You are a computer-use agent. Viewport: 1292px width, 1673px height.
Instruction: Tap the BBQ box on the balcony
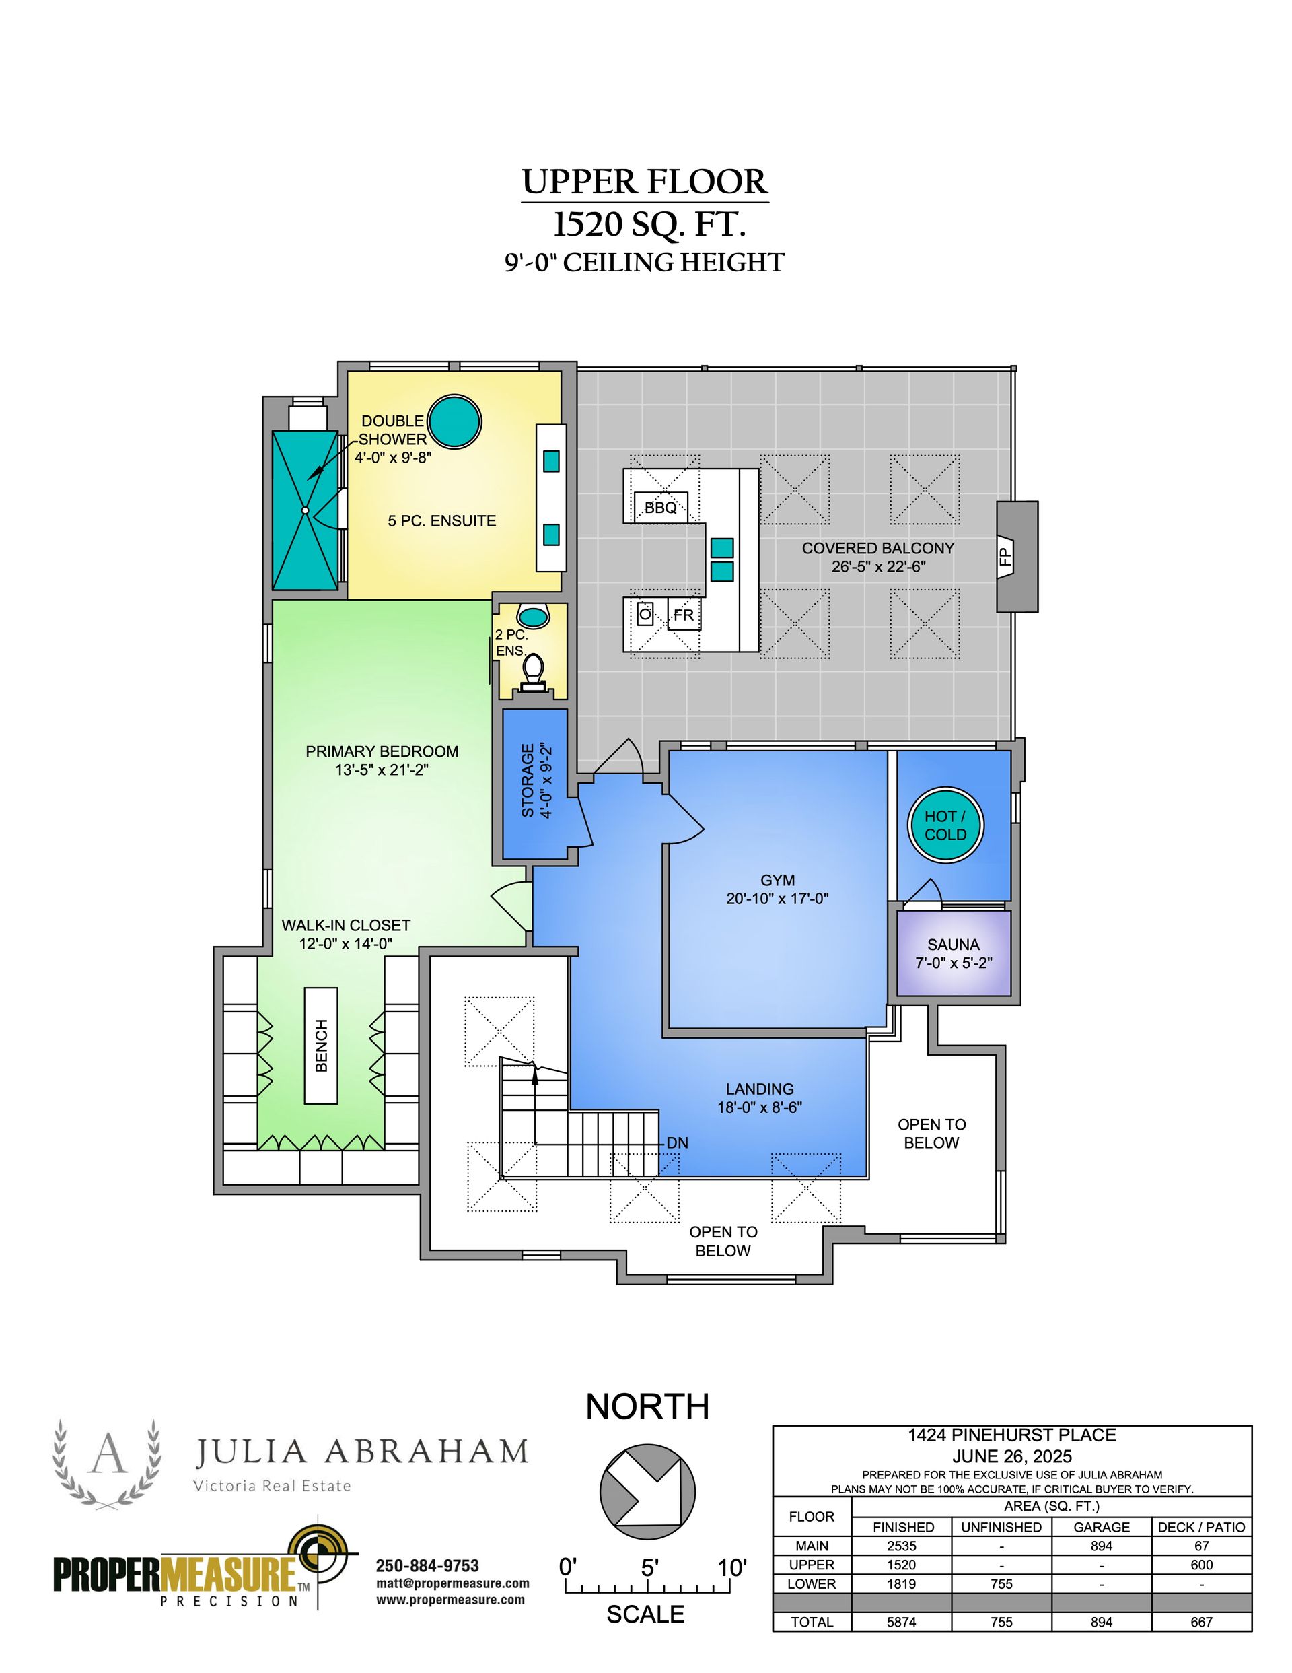[660, 507]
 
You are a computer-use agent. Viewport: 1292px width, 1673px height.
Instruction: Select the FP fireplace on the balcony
[1017, 556]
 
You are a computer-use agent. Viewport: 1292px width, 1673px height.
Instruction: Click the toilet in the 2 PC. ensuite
[532, 671]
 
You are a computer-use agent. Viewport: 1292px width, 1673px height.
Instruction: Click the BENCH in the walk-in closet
[321, 1046]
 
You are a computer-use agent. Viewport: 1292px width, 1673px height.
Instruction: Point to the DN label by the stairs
[677, 1143]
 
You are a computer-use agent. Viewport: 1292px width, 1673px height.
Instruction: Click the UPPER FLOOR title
[644, 182]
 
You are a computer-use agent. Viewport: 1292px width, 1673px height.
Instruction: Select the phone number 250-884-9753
[427, 1566]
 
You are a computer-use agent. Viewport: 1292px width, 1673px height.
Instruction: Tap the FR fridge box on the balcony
[684, 615]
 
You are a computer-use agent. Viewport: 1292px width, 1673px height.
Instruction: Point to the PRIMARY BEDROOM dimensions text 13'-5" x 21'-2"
[382, 770]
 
